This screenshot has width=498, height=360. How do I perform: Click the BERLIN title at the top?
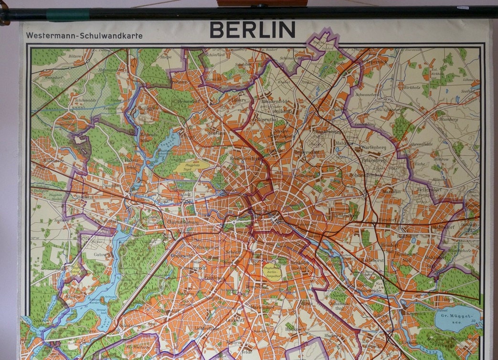(252, 30)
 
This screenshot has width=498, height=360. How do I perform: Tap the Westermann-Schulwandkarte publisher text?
(85, 36)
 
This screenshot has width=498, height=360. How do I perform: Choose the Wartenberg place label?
(373, 148)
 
